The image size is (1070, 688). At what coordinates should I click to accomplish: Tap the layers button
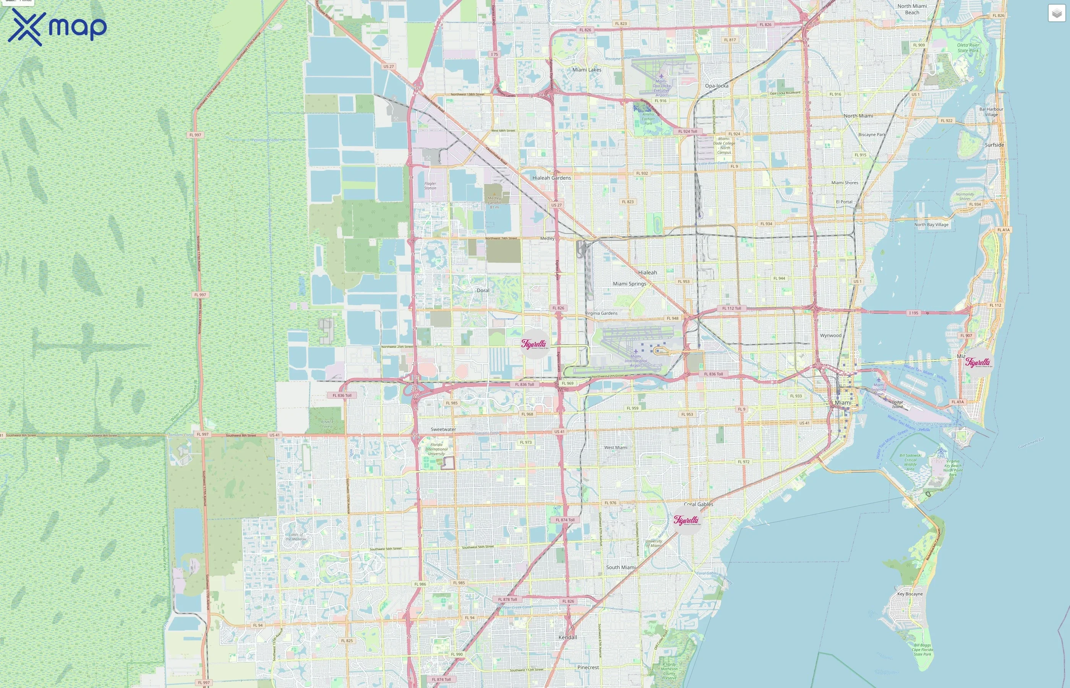tap(1056, 13)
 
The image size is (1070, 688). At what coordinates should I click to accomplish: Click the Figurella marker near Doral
tap(534, 344)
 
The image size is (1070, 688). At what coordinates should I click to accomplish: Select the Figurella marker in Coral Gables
tap(686, 520)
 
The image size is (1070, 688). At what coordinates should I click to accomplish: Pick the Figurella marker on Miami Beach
tap(978, 362)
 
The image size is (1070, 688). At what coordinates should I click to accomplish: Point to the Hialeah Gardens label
tap(551, 178)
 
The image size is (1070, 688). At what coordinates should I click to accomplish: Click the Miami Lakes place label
tap(587, 70)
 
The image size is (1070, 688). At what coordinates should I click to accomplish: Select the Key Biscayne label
tap(909, 594)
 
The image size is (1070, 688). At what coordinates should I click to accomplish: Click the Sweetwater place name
tap(443, 429)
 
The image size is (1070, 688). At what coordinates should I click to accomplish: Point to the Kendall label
tap(567, 637)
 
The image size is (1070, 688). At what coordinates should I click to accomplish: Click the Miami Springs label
tap(629, 284)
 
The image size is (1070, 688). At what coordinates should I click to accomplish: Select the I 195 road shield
tap(913, 313)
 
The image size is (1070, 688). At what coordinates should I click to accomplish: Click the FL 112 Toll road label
tap(731, 308)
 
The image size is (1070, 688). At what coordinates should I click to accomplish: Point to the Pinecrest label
tap(588, 667)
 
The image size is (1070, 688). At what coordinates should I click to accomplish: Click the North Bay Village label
tap(931, 225)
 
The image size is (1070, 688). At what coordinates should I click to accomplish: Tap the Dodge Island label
tap(897, 404)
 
